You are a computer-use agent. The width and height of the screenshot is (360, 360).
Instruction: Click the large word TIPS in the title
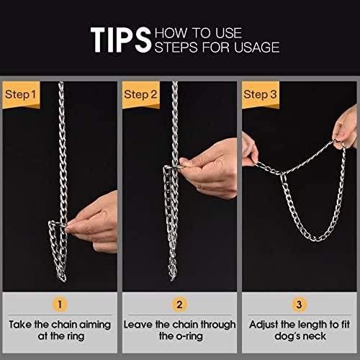[x=121, y=40]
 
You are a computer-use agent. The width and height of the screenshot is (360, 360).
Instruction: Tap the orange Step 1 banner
[x=21, y=95]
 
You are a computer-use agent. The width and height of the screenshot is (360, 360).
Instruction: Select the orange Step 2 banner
[x=141, y=95]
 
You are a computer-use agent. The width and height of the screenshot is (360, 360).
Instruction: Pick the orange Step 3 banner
[x=261, y=95]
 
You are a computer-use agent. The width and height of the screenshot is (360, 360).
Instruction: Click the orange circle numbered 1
[x=60, y=305]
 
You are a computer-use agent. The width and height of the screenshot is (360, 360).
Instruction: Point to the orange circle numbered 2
[x=179, y=305]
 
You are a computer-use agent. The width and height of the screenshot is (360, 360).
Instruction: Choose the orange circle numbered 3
[x=299, y=305]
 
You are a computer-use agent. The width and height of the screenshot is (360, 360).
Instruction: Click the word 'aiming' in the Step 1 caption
[x=95, y=325]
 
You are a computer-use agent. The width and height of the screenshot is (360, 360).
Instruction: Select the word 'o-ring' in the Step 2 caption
[x=189, y=336]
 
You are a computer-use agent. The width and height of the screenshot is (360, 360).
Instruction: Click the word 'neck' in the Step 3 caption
[x=315, y=336]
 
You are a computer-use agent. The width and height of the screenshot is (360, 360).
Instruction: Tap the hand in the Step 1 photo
[x=96, y=223]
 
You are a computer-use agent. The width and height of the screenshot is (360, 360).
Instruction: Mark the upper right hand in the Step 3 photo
[x=346, y=128]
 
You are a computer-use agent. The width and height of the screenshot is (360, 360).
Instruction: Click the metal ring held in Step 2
[x=172, y=167]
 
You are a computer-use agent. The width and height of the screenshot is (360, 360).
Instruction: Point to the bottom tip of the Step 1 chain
[x=63, y=280]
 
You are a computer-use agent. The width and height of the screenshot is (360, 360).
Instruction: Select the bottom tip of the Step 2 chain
[x=172, y=279]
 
